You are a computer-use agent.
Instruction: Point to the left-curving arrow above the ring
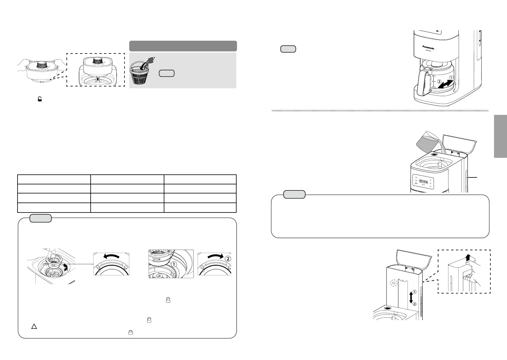pyautogui.click(x=111, y=256)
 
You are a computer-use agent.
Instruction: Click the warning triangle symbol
pyautogui.click(x=34, y=326)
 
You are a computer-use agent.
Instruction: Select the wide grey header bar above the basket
pyautogui.click(x=183, y=46)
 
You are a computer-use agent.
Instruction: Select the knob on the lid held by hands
pyautogui.click(x=41, y=64)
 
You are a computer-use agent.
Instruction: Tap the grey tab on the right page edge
pyautogui.click(x=500, y=136)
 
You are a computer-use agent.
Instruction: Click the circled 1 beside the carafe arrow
pyautogui.click(x=450, y=77)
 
